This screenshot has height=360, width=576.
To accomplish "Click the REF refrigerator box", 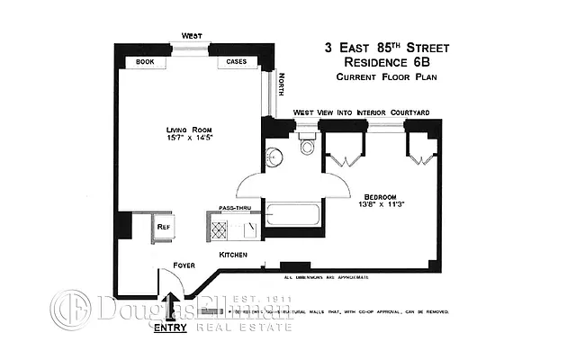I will [164, 228].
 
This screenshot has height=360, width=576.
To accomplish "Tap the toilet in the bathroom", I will [307, 147].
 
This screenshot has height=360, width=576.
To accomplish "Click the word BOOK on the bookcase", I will [147, 62].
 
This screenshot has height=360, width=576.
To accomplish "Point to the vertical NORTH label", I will [281, 88].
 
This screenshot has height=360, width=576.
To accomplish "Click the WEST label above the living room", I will [192, 36].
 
